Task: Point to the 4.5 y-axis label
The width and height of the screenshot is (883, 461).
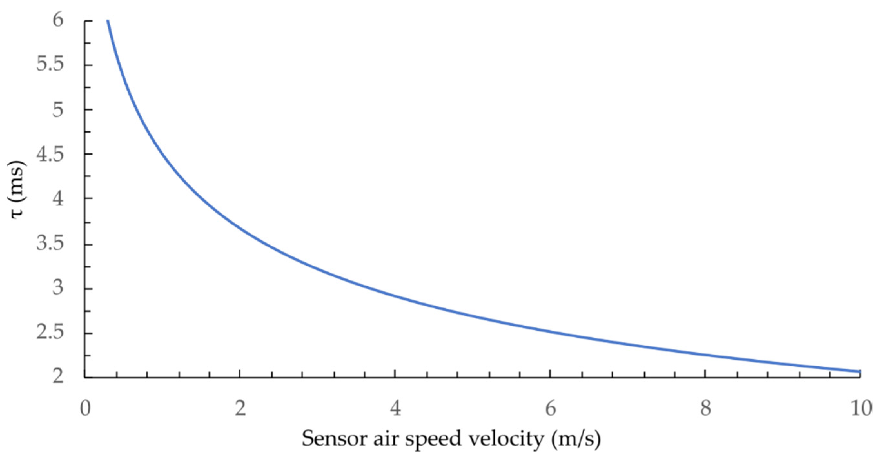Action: coord(50,154)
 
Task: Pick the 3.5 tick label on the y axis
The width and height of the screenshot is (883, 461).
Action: coord(50,244)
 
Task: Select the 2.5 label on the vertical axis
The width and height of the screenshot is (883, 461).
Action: coord(50,333)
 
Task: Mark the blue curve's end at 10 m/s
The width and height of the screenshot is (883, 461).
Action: coord(860,371)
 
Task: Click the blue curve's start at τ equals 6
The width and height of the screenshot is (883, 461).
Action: coord(108,21)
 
